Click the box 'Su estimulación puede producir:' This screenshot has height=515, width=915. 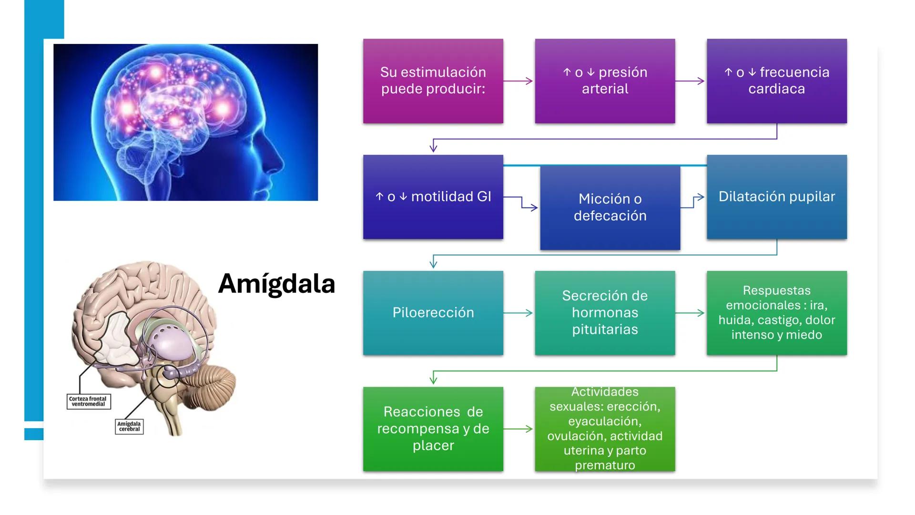point(433,81)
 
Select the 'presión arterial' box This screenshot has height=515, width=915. point(605,81)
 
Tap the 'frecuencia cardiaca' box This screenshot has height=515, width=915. point(776,81)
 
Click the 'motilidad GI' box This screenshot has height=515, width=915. point(433,197)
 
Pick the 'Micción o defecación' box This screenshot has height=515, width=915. point(610,207)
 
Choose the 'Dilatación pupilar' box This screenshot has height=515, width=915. point(776,197)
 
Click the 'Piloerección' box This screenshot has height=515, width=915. point(433,313)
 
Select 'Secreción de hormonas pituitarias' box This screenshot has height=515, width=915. point(605,313)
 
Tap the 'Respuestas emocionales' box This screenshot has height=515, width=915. point(776,313)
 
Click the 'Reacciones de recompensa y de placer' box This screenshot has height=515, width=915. point(433,429)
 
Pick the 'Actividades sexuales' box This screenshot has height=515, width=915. point(605,429)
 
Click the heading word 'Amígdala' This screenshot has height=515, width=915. point(276,284)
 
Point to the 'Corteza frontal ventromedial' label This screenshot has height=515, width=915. point(88,402)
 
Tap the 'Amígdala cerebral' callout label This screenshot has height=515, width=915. point(129,426)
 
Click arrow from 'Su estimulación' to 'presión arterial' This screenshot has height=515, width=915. point(518,81)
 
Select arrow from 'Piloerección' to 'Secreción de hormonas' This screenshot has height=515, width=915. point(518,313)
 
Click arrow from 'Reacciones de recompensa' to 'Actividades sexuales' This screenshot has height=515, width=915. point(518,429)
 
